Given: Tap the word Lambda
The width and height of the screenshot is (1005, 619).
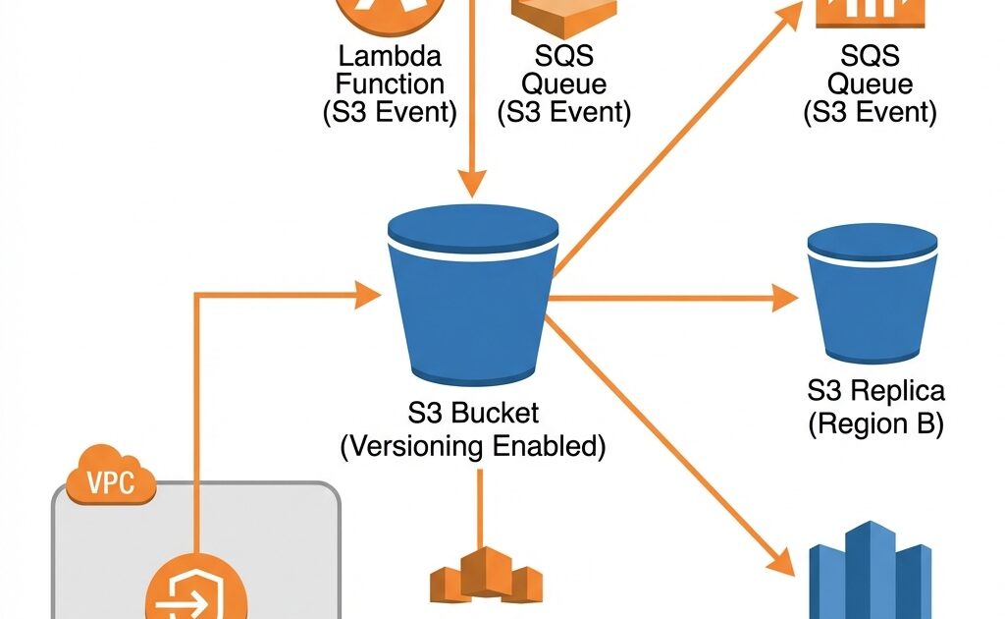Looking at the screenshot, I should click(x=390, y=55).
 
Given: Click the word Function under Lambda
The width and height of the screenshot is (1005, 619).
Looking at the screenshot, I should click(x=390, y=84).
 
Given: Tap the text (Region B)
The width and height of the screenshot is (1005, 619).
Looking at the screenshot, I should click(x=874, y=424).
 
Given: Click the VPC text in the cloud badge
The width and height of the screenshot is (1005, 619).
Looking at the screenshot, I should click(x=110, y=482).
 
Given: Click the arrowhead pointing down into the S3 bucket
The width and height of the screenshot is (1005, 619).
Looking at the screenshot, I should click(x=473, y=181).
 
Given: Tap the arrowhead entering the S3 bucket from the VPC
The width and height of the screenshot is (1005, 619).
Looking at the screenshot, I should click(x=368, y=293).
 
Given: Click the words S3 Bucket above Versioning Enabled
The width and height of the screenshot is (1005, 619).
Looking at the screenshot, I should click(x=473, y=413).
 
